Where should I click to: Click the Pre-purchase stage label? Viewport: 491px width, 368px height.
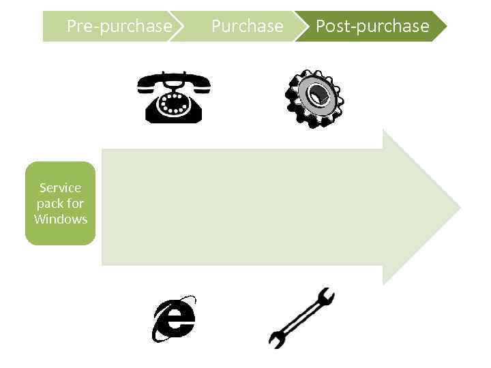[119, 27]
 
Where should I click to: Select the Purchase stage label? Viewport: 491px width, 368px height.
[247, 27]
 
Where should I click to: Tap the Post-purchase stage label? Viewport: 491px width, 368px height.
[372, 27]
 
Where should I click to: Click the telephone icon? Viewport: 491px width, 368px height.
[173, 98]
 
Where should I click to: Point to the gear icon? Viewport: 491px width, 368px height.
[314, 99]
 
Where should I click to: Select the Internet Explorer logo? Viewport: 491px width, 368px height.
[174, 319]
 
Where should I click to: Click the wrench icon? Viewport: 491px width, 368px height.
[301, 318]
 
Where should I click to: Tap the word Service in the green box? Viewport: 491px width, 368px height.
[60, 187]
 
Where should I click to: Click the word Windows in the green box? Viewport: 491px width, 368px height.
[61, 219]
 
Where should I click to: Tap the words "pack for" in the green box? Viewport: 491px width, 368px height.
[60, 203]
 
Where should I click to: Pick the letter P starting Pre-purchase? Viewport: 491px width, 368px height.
[72, 27]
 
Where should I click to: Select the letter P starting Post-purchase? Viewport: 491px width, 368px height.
[321, 27]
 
